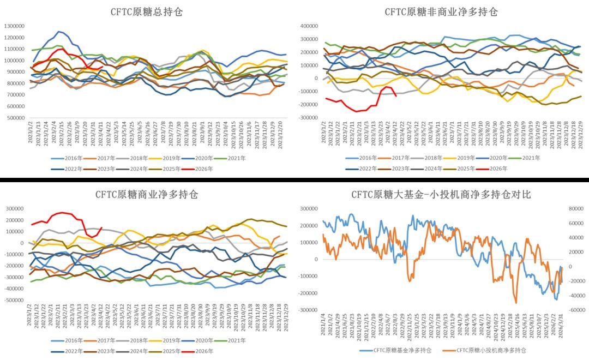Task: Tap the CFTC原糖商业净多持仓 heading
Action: point(146,194)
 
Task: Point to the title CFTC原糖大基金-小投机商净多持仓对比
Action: point(441,194)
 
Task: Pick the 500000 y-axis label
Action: point(16,118)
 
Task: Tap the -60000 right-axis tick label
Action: point(575,310)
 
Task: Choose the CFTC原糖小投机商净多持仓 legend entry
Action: point(486,350)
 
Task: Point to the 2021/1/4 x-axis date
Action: point(324,326)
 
